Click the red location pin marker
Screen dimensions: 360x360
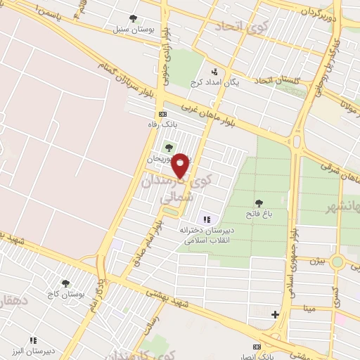coord(181,165)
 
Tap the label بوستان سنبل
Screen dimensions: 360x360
coord(130,30)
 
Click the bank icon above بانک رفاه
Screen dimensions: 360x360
coord(162,113)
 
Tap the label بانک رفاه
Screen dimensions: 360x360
coord(160,124)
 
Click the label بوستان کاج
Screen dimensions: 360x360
coord(65,292)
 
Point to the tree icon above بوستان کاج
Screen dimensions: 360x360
coord(65,283)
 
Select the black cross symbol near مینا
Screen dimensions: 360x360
coord(275,314)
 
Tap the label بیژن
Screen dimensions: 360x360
coord(318,261)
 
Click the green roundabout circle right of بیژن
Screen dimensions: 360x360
coord(338,262)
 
